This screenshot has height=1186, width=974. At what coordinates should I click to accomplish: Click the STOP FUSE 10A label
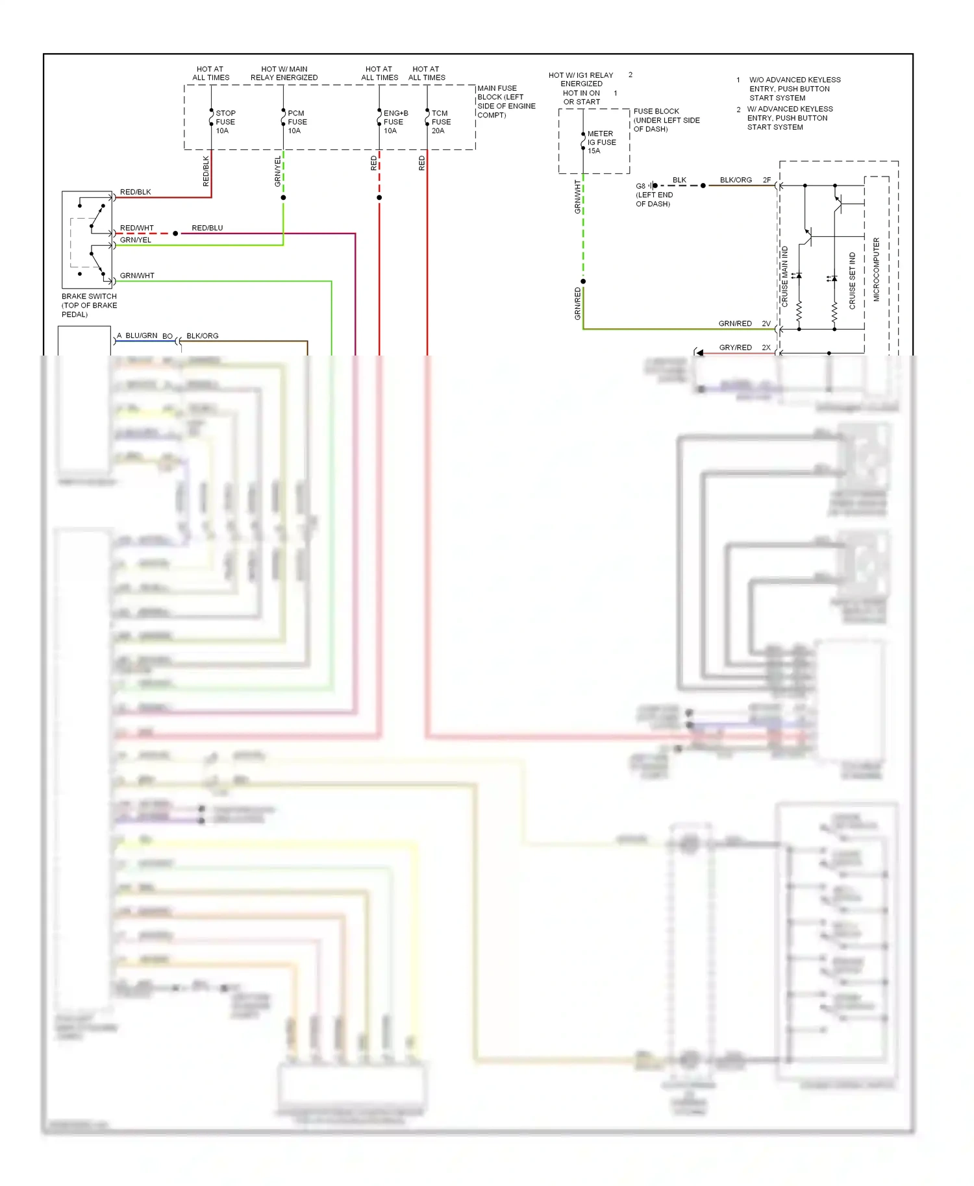pyautogui.click(x=225, y=122)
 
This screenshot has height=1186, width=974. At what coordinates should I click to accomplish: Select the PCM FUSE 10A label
pyautogui.click(x=297, y=122)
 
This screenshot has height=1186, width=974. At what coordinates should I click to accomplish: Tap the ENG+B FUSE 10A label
pyautogui.click(x=395, y=122)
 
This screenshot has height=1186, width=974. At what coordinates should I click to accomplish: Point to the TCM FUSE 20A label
pyautogui.click(x=441, y=122)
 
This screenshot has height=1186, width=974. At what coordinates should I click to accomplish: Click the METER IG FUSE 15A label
pyautogui.click(x=601, y=142)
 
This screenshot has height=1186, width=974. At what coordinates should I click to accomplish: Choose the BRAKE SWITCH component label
pyautogui.click(x=89, y=305)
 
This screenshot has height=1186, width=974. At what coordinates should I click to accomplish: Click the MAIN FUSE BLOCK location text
pyautogui.click(x=506, y=102)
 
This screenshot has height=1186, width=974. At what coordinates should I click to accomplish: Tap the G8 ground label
pyautogui.click(x=640, y=186)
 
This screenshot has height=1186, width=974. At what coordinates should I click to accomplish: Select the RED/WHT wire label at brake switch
pyautogui.click(x=137, y=228)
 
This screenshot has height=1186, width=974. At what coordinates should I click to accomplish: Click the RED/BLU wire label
pyautogui.click(x=207, y=228)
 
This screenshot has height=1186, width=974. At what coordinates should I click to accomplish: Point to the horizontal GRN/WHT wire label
pyautogui.click(x=137, y=276)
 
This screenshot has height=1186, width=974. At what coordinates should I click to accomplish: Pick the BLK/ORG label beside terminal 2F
pyautogui.click(x=736, y=180)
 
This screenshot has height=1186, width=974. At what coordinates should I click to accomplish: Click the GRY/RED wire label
pyautogui.click(x=735, y=348)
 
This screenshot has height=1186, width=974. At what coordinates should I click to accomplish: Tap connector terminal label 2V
pyautogui.click(x=766, y=324)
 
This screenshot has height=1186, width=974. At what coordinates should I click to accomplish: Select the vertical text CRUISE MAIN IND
pyautogui.click(x=785, y=276)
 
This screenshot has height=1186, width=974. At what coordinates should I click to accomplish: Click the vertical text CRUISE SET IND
pyautogui.click(x=853, y=280)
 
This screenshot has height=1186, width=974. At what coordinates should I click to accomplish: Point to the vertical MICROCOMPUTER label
pyautogui.click(x=876, y=269)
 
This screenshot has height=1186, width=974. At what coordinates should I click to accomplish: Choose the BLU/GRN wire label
pyautogui.click(x=141, y=336)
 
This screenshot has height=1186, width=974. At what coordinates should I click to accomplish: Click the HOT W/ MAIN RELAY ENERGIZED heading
pyautogui.click(x=284, y=73)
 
